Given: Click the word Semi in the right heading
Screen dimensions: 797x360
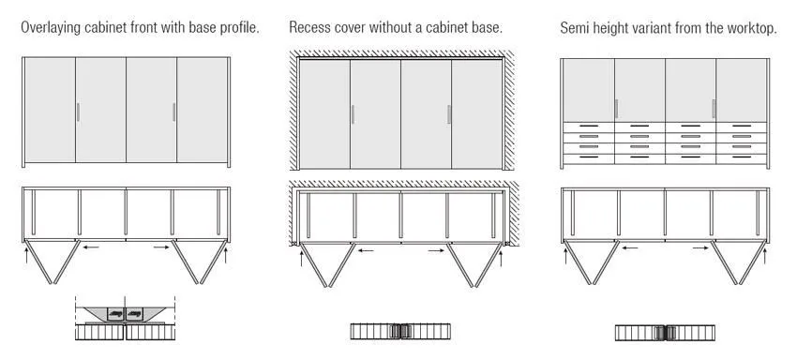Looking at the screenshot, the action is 573,28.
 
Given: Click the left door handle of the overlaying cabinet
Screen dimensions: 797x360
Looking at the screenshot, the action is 78,112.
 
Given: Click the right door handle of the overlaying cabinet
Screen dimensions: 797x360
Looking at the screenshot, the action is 173,112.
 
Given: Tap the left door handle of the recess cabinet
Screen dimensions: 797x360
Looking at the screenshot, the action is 353,114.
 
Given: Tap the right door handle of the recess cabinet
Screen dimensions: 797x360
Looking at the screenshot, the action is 449,114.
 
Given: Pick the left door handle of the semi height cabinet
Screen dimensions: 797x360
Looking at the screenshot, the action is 617,109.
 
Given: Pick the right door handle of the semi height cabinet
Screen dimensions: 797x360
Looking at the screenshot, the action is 714,109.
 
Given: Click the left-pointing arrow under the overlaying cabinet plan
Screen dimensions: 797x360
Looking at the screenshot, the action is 91,247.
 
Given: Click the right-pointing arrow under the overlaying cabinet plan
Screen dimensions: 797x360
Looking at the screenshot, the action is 161,247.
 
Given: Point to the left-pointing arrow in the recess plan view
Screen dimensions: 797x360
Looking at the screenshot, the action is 366,250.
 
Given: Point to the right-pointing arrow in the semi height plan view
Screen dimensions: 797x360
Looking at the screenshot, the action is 700,247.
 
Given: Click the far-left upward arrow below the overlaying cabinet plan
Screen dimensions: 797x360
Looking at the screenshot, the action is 27,255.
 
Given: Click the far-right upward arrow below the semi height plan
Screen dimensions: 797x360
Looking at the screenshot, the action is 764,255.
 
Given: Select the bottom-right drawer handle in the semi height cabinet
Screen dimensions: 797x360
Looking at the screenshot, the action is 742,157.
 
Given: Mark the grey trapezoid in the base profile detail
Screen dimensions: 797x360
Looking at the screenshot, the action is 125,314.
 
